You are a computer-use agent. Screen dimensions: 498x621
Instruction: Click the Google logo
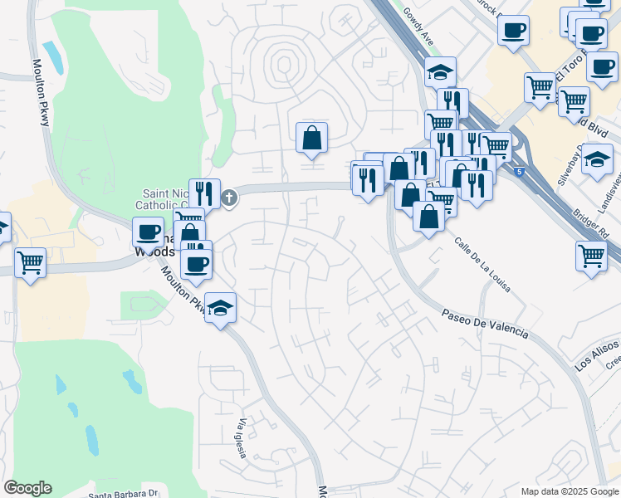click(27, 488)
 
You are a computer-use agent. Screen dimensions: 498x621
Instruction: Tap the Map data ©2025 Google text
click(570, 491)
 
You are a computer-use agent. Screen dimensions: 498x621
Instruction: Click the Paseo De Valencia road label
click(484, 324)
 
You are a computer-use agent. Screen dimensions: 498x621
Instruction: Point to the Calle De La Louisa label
click(482, 265)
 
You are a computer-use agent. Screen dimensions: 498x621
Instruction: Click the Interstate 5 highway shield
click(519, 172)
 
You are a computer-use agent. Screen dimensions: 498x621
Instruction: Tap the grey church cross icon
click(229, 198)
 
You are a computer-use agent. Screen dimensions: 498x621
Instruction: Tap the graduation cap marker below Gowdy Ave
click(440, 72)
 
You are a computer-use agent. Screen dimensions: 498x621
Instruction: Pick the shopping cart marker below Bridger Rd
click(592, 256)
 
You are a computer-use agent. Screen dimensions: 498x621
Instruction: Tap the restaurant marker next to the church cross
click(204, 194)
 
